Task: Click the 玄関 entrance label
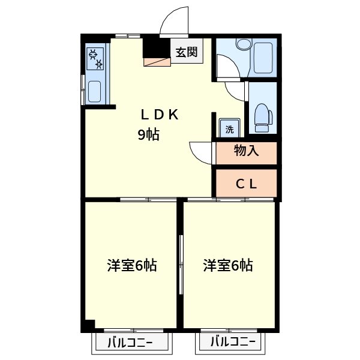coord(186,52)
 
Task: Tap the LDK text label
coord(160,115)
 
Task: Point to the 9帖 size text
coord(149,135)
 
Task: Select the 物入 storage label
coord(246,151)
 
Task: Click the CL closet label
coord(246,184)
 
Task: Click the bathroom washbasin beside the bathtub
coord(242,44)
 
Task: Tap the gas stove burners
coord(95,57)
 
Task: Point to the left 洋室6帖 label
coord(132,265)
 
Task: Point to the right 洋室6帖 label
coord(228,265)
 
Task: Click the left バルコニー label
coord(130,344)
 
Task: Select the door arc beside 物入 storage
coord(200,150)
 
